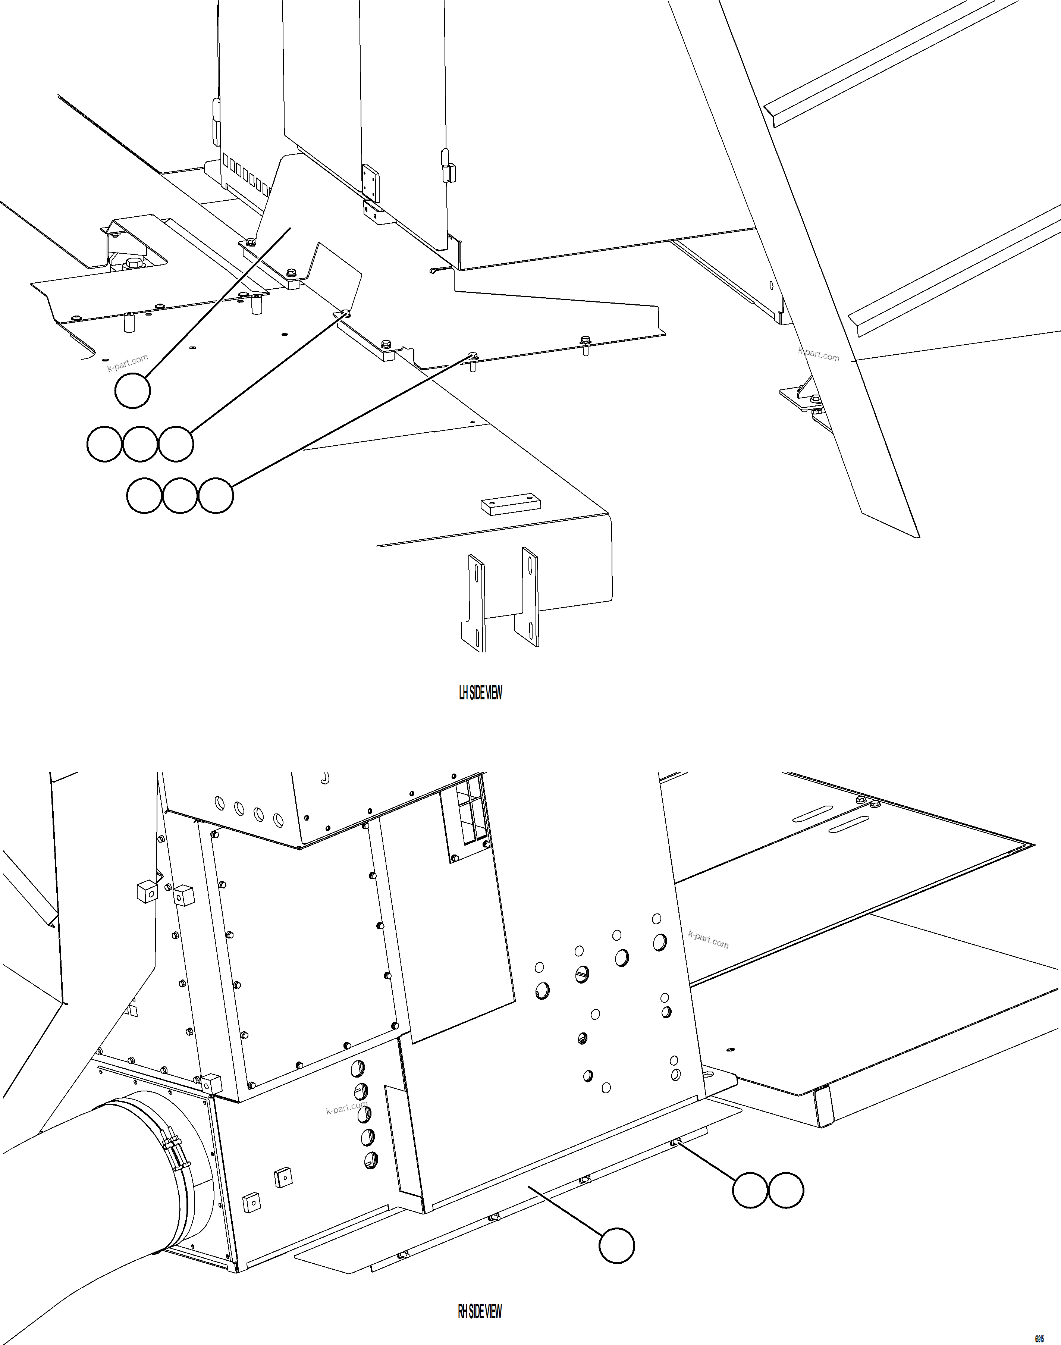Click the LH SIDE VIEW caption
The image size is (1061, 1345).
(480, 693)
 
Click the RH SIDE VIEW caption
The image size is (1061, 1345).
(480, 1307)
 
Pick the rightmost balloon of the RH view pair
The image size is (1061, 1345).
(786, 1190)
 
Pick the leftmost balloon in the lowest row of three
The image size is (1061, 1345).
(144, 496)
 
